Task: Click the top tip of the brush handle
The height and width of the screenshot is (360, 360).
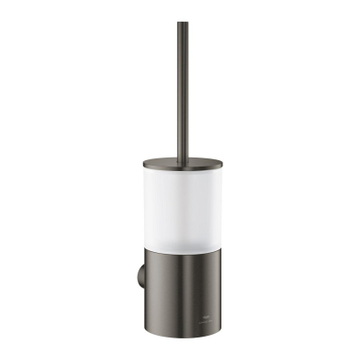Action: (x=183, y=23)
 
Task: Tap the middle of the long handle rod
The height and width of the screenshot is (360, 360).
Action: (x=183, y=90)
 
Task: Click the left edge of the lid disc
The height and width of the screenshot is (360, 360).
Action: (x=143, y=164)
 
